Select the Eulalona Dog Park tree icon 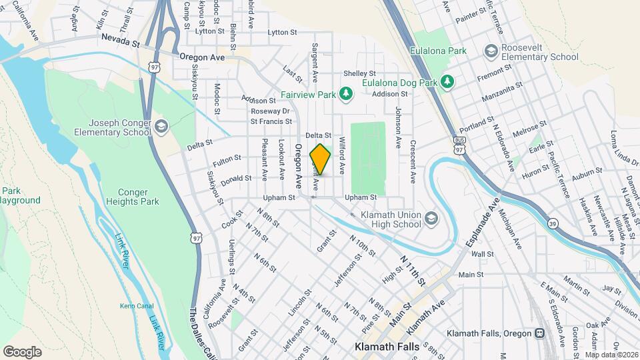(x=449, y=82)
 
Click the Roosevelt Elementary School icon (x=491, y=51)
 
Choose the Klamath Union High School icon (x=431, y=219)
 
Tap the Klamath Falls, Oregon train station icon (x=539, y=333)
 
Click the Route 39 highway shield (x=553, y=223)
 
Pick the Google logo (x=22, y=351)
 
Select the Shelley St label (x=360, y=73)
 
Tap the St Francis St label (x=271, y=121)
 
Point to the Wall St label (x=482, y=254)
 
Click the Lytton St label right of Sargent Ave (x=282, y=32)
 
